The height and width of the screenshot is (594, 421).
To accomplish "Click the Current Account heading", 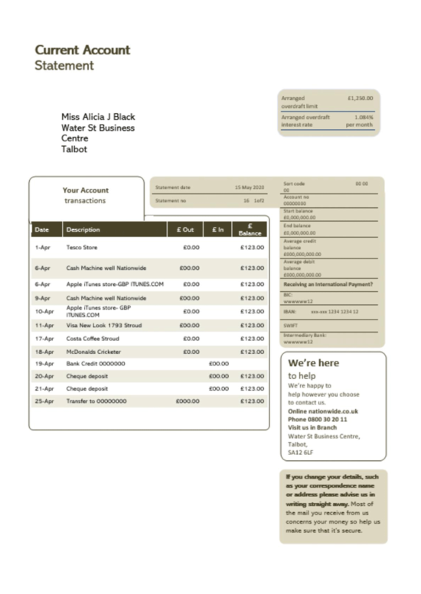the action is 82,50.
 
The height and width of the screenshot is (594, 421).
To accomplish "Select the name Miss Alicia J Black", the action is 98,117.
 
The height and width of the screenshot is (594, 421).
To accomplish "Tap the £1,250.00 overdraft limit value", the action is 360,98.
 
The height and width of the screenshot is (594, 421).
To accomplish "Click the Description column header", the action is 83,229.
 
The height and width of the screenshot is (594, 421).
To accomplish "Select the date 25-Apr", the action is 44,401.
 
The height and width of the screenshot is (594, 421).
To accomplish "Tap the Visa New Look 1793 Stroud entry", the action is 103,325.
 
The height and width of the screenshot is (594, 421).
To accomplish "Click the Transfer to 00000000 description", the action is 96,401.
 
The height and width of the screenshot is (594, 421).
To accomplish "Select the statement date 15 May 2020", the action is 249,187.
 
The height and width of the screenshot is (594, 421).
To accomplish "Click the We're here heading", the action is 313,363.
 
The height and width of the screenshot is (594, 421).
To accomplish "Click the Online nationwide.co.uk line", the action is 322,411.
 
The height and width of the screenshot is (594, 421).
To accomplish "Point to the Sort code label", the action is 294,184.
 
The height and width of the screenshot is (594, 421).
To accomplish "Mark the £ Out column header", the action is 185,229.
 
